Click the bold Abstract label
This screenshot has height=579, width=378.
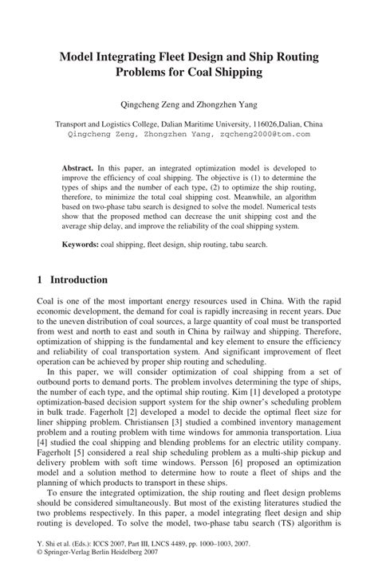[x=78, y=168]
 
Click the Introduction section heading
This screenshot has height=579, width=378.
[x=79, y=280]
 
